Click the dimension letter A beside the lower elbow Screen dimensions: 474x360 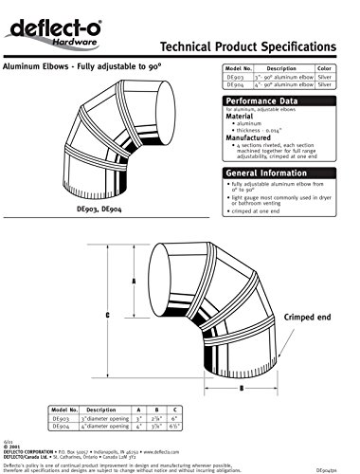(x=135, y=282)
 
